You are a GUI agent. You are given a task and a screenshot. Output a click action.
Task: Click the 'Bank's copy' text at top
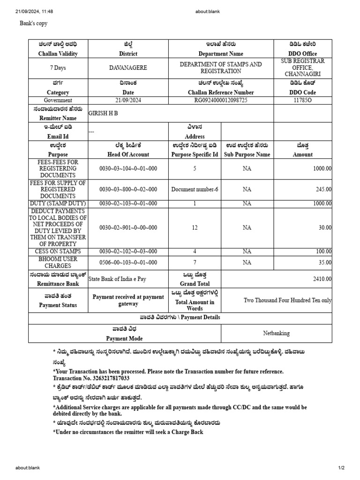[33, 23]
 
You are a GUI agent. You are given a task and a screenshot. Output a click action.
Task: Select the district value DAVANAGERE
[128, 68]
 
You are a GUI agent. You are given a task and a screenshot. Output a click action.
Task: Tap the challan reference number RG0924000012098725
[221, 100]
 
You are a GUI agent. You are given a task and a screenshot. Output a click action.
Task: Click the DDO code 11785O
[302, 100]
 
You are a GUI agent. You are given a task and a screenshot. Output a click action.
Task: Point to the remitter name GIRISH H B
[103, 113]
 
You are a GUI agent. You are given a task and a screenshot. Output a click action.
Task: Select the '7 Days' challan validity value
[58, 68]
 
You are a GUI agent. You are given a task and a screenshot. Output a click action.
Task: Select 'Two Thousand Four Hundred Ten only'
[287, 300]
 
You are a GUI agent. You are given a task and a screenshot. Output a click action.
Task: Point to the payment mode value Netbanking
[276, 333]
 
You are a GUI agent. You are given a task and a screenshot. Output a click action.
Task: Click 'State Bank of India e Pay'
[117, 279]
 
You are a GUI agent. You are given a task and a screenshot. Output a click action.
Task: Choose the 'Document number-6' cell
[195, 189]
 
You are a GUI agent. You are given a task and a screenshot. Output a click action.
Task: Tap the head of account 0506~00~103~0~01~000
[128, 262]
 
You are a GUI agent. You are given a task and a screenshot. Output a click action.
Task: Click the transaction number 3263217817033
[106, 378]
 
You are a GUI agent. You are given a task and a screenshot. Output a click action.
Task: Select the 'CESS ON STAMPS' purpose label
[58, 252]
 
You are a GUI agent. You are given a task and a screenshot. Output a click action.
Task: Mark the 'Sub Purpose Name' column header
[247, 154]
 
